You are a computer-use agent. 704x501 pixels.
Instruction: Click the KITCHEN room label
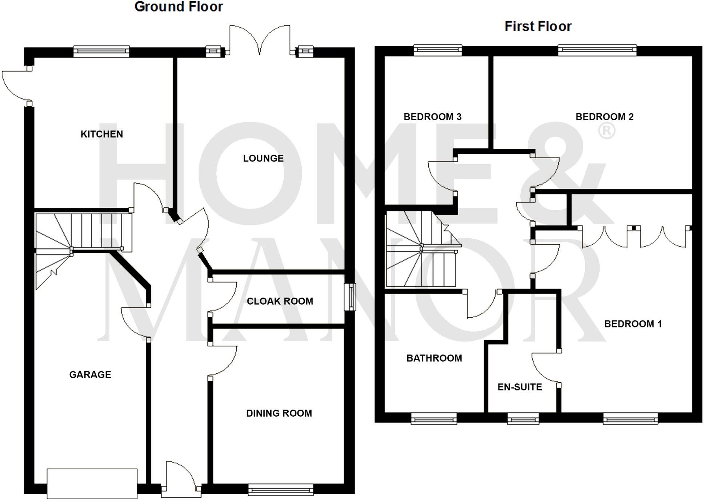[101, 134]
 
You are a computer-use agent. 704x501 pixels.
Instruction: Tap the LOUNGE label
[263, 158]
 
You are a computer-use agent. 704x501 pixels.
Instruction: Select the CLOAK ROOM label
[280, 301]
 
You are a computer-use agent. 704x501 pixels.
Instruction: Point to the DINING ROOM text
[279, 413]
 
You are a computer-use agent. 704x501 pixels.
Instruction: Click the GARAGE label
[90, 375]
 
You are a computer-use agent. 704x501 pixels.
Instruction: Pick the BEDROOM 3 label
[432, 117]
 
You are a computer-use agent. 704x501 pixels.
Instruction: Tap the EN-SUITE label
[520, 387]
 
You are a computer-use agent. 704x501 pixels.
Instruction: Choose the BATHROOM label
[434, 358]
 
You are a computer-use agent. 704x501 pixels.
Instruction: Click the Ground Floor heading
[179, 7]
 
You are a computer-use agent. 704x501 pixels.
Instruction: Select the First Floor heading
[538, 26]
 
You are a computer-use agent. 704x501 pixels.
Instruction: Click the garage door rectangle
[92, 484]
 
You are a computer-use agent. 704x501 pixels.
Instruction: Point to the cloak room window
[350, 297]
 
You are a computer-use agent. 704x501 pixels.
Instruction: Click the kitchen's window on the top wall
[101, 51]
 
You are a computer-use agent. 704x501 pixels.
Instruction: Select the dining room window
[280, 490]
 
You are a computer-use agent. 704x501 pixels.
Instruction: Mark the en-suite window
[523, 419]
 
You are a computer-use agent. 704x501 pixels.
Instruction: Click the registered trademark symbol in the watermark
[607, 131]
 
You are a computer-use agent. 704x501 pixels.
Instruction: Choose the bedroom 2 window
[597, 50]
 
